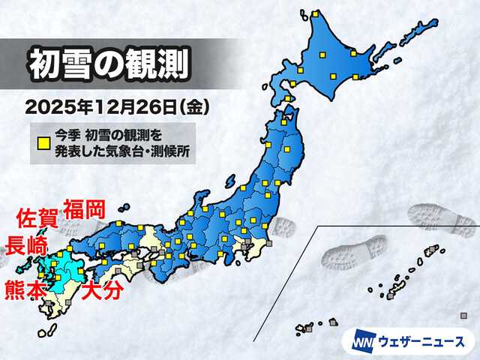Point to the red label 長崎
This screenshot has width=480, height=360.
pos(26,244)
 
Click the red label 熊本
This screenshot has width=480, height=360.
pos(25,287)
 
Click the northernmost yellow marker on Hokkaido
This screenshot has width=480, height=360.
pos(316,14)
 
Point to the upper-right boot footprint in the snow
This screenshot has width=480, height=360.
pos(442,218)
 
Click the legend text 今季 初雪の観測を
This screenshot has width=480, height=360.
pos(109,138)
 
